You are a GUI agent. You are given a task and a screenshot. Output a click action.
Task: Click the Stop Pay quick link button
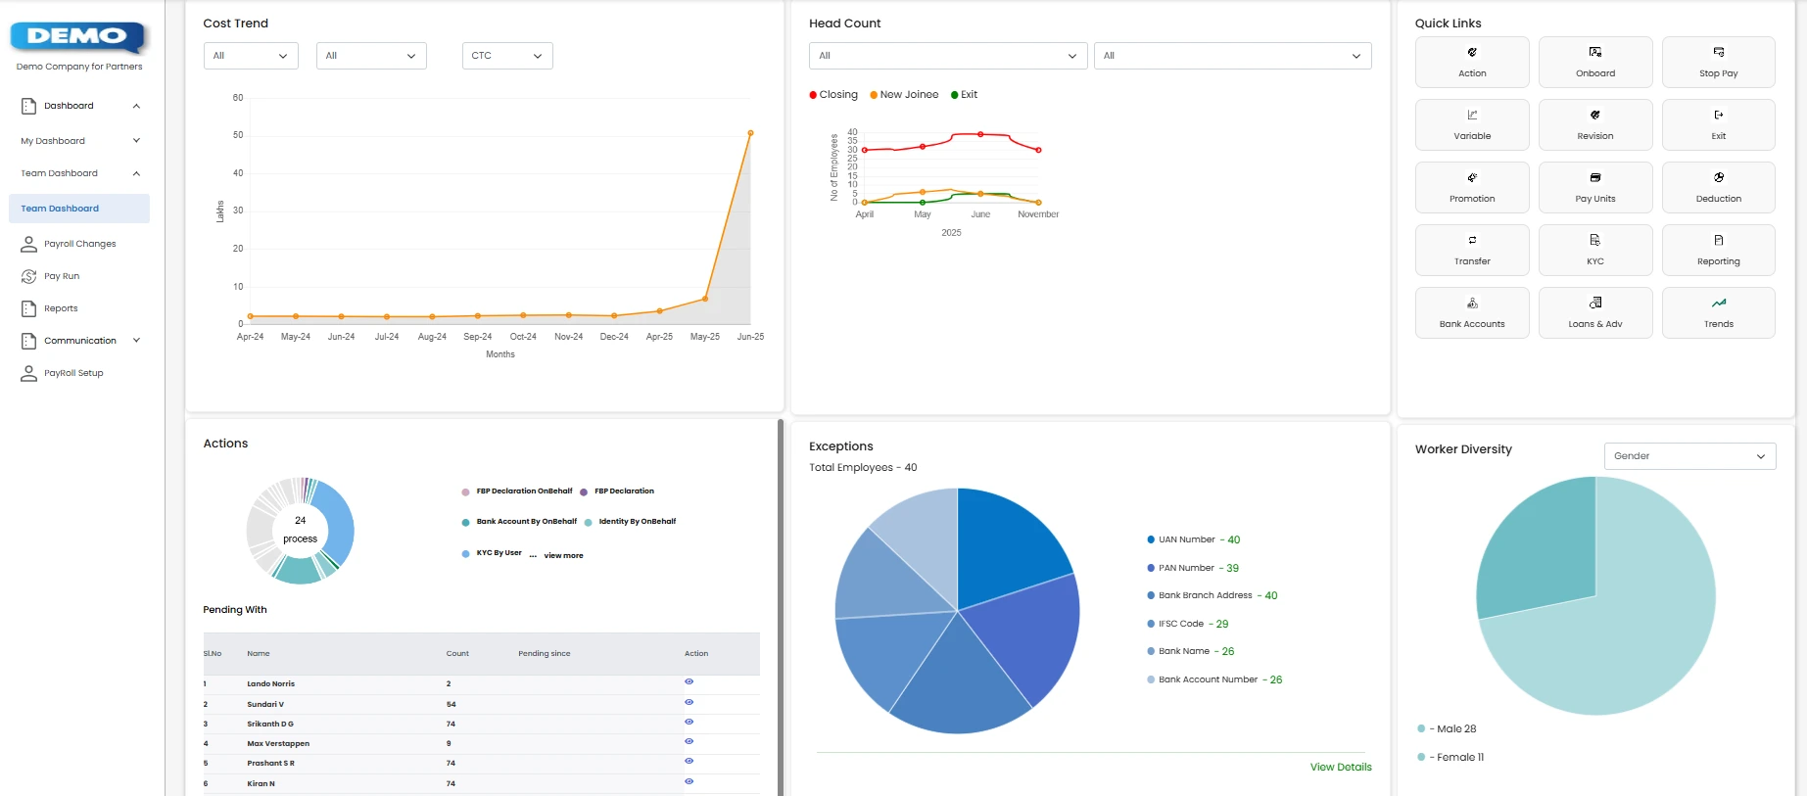click(1718, 62)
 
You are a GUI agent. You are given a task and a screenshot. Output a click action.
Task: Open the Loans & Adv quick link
click(1594, 312)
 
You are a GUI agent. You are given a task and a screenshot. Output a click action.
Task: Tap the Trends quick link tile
click(1718, 312)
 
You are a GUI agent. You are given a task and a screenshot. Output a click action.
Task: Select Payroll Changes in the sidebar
click(79, 244)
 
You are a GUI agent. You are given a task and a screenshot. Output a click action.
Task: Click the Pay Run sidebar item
click(61, 276)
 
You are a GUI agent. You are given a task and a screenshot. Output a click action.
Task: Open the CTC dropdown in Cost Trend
click(506, 56)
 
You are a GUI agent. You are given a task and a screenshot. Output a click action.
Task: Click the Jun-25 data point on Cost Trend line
click(750, 133)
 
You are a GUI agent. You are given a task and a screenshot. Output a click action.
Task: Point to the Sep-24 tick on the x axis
click(477, 336)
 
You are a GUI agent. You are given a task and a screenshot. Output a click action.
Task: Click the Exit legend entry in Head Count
click(964, 95)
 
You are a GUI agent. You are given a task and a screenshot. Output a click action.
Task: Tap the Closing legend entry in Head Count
click(833, 95)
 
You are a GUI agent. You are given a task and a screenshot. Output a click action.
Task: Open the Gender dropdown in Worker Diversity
click(1688, 456)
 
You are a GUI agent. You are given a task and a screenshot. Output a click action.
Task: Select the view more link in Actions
click(563, 555)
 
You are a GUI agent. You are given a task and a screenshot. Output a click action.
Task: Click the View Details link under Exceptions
click(1340, 767)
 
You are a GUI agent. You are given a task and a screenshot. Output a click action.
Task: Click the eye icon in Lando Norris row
click(689, 681)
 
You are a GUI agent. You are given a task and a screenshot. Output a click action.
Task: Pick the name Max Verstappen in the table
click(278, 743)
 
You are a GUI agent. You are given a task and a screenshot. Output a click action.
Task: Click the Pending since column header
click(544, 653)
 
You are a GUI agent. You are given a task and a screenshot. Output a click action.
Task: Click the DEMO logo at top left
click(77, 37)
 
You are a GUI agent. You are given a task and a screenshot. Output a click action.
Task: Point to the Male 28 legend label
click(1455, 728)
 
